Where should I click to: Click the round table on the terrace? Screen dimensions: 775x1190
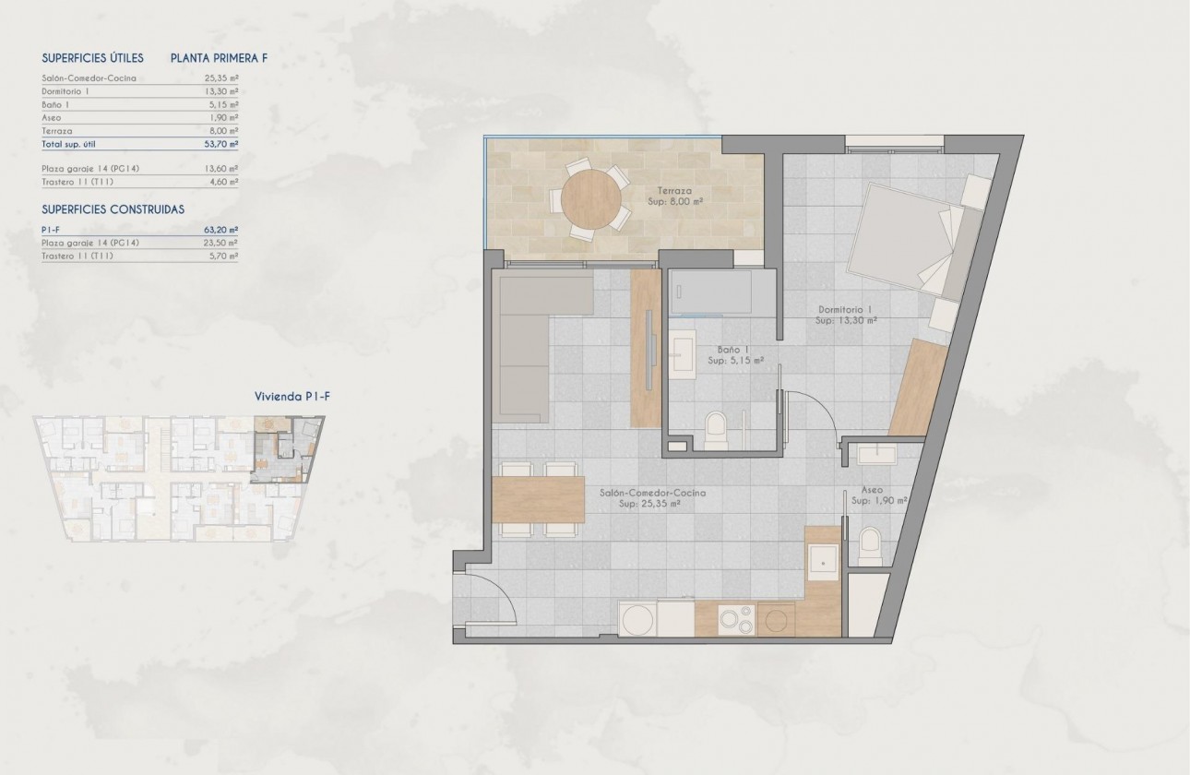click(x=590, y=198)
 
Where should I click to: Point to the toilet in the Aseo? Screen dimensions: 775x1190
click(x=870, y=547)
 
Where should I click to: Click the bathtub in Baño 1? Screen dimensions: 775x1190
click(x=709, y=292)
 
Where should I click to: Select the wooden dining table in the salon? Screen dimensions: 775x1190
click(x=539, y=499)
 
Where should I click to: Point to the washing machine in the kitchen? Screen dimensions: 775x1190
click(x=637, y=619)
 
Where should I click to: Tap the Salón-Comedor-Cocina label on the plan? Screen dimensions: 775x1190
click(x=652, y=494)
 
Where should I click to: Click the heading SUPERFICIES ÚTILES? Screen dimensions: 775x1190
click(x=93, y=57)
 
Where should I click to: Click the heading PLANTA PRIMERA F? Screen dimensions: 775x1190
click(x=220, y=57)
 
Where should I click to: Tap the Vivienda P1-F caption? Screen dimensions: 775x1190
click(x=292, y=397)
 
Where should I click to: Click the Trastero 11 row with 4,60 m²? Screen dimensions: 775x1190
click(x=139, y=182)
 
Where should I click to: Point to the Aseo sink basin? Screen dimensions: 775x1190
click(x=877, y=454)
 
